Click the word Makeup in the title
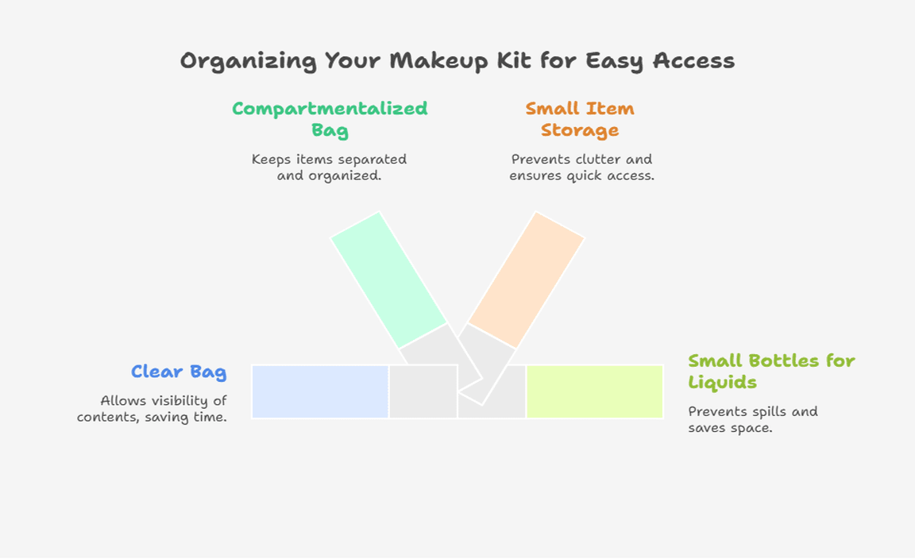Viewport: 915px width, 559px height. click(438, 61)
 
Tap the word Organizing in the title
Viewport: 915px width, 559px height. click(248, 61)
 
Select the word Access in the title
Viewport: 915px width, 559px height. click(694, 60)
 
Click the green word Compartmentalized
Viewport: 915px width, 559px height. click(330, 109)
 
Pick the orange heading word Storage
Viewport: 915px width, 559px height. click(580, 130)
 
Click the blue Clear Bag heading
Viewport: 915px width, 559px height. click(179, 372)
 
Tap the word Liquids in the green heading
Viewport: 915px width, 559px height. click(723, 383)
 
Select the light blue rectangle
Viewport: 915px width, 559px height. click(320, 391)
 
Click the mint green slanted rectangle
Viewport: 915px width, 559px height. click(388, 280)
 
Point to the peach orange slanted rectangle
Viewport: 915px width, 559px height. click(527, 280)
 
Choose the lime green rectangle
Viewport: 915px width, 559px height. click(595, 391)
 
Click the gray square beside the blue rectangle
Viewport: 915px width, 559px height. click(423, 391)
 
